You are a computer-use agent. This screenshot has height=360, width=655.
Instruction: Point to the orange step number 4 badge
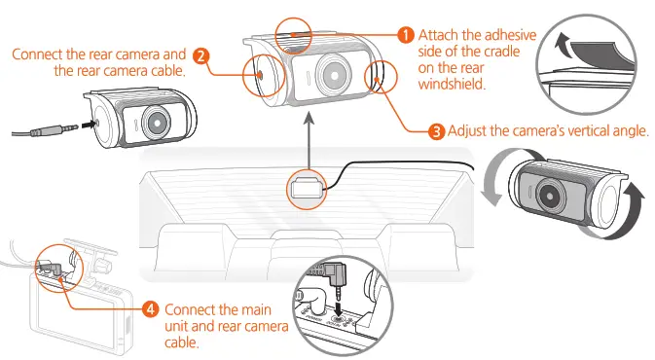tap(149, 308)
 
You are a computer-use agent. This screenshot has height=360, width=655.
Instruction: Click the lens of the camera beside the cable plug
tap(155, 121)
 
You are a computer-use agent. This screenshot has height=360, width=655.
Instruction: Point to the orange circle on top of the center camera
tap(293, 27)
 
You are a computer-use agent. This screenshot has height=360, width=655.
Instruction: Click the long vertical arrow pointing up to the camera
tap(309, 136)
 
